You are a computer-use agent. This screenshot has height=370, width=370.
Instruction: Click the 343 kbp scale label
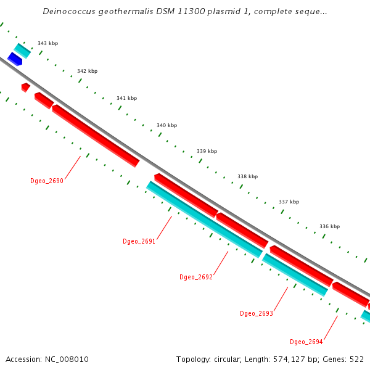[47, 44]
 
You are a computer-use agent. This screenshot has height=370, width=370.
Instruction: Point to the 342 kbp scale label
[87, 72]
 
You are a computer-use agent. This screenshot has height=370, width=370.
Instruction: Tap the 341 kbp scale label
[126, 99]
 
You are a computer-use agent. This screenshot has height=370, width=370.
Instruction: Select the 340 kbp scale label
[166, 126]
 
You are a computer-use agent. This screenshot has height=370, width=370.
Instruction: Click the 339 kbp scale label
[207, 152]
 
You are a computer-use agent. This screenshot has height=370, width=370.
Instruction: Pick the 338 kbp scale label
[247, 177]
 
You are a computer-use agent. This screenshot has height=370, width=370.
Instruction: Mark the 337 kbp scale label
[289, 202]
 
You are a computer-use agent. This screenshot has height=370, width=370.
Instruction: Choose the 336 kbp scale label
[329, 227]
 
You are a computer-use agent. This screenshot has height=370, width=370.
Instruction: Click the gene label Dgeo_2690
[47, 181]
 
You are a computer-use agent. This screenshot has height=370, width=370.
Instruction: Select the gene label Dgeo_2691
[139, 242]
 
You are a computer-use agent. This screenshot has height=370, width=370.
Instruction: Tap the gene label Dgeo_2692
[196, 277]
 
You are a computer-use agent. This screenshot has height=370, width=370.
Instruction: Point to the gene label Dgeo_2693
[257, 314]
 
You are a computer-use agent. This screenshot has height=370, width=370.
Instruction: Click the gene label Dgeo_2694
[306, 342]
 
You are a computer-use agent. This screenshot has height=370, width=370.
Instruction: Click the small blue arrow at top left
[15, 59]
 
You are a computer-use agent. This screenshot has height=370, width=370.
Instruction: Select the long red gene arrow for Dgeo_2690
[96, 135]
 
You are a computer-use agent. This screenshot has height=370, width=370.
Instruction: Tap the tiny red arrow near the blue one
[25, 87]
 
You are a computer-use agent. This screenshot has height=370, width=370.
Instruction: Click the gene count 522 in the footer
[356, 360]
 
